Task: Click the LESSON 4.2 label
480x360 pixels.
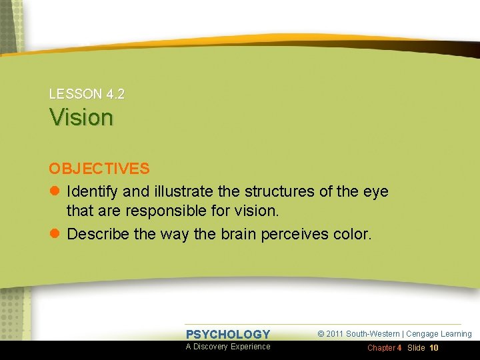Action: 87,94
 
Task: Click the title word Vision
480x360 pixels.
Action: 81,117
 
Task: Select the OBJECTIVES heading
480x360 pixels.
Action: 99,169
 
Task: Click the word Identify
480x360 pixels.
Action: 92,192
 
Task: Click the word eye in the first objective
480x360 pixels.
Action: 375,192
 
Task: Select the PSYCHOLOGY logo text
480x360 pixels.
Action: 228,335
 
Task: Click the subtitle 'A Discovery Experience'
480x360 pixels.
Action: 228,347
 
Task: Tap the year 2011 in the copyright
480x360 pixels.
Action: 335,334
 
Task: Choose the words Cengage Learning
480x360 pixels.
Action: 439,334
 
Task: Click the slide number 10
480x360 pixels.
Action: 434,348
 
